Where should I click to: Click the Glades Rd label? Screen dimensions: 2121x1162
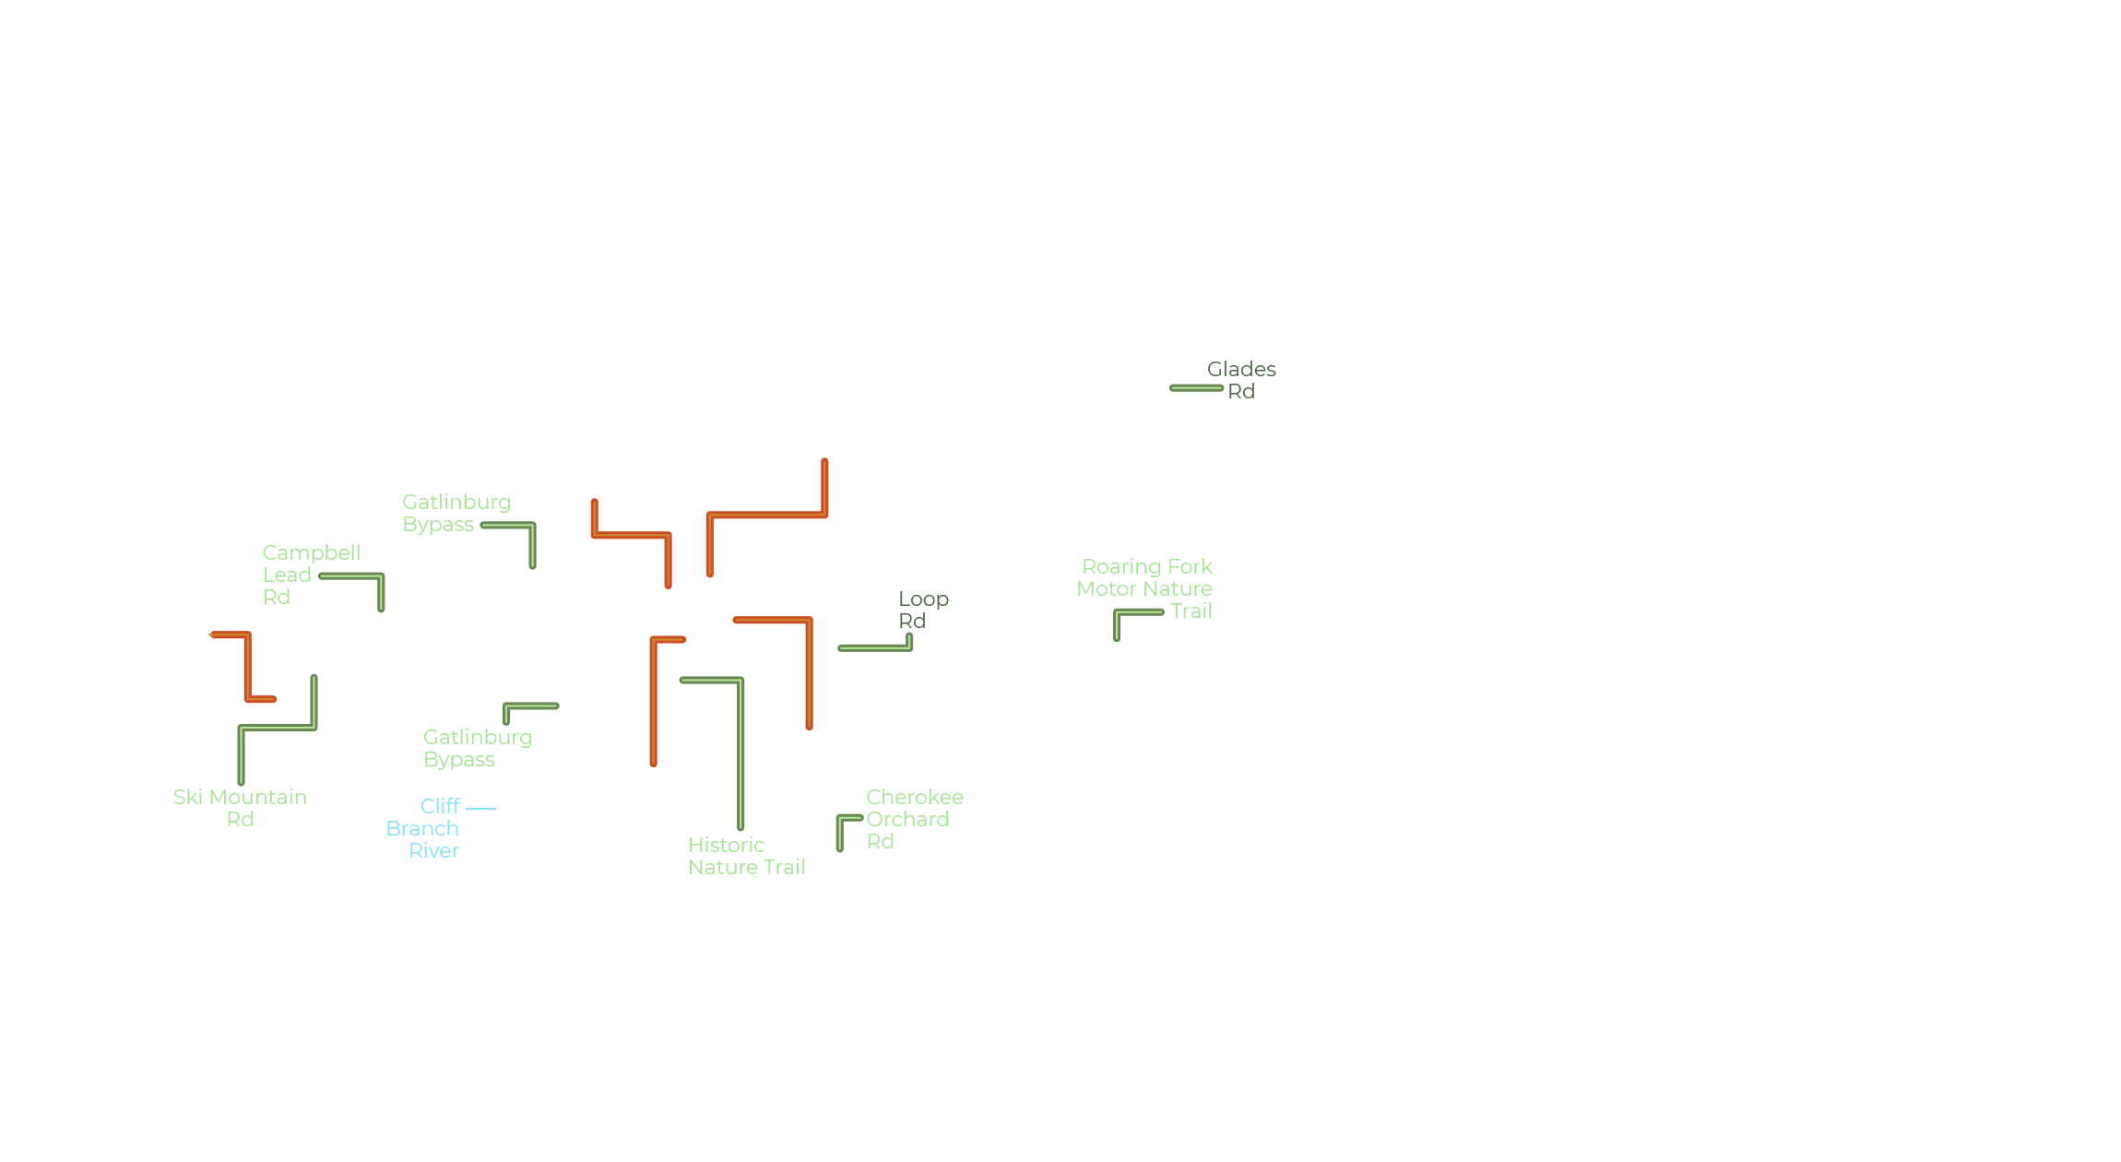coord(1241,380)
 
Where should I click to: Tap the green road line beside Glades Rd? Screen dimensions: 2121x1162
coord(1197,388)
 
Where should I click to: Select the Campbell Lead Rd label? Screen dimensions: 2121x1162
coord(312,575)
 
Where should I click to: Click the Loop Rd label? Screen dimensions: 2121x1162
coord(923,610)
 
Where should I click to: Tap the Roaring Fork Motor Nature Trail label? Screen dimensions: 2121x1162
coord(1144,588)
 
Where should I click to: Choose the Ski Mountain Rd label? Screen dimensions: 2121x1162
coord(240,808)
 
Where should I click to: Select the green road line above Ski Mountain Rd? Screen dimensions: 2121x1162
coord(277,729)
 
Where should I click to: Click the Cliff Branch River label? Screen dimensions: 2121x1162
coord(423,828)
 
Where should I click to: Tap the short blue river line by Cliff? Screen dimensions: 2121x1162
coord(481,808)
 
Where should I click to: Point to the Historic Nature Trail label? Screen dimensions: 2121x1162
coord(747,856)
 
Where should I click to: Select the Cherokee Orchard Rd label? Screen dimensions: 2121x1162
coord(914,819)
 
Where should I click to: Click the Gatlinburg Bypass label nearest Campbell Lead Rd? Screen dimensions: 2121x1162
coord(456,513)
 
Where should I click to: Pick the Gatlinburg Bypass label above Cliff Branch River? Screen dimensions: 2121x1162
coord(478,748)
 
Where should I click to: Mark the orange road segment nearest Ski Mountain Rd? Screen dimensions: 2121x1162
coord(247,666)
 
